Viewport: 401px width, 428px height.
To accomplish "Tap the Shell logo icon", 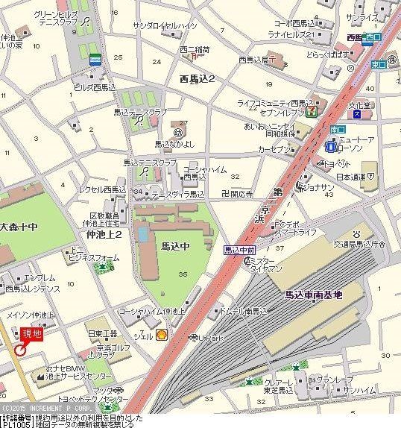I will tap(161, 336).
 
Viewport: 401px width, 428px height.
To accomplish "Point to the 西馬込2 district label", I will tap(197, 78).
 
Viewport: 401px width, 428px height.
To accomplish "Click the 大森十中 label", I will tap(19, 226).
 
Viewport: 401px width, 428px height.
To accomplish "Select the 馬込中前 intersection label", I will tap(240, 250).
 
